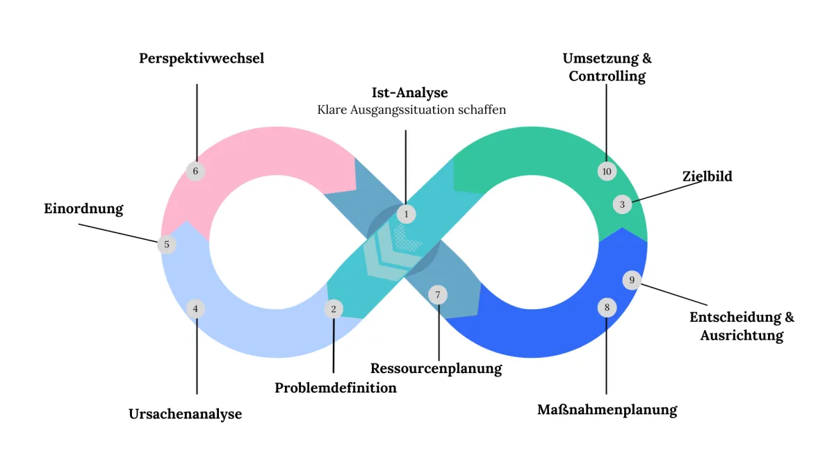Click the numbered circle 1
coord(407,214)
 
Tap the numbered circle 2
coord(334,308)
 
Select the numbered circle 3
coord(622,204)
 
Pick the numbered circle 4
coord(196,308)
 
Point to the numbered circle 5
coord(167,245)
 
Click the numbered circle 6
coord(196,171)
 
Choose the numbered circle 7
coord(438,295)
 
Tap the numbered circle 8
coord(607,307)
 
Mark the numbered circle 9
coord(632,281)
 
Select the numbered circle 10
coord(607,172)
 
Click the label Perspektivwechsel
coord(202,59)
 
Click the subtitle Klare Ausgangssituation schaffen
coord(411,110)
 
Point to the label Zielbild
coord(708,176)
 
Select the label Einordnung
coord(83,208)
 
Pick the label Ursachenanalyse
coord(186,414)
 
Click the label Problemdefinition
coord(336,388)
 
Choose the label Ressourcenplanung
coord(436,368)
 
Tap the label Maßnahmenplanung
coord(607,410)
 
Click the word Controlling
coord(607,76)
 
